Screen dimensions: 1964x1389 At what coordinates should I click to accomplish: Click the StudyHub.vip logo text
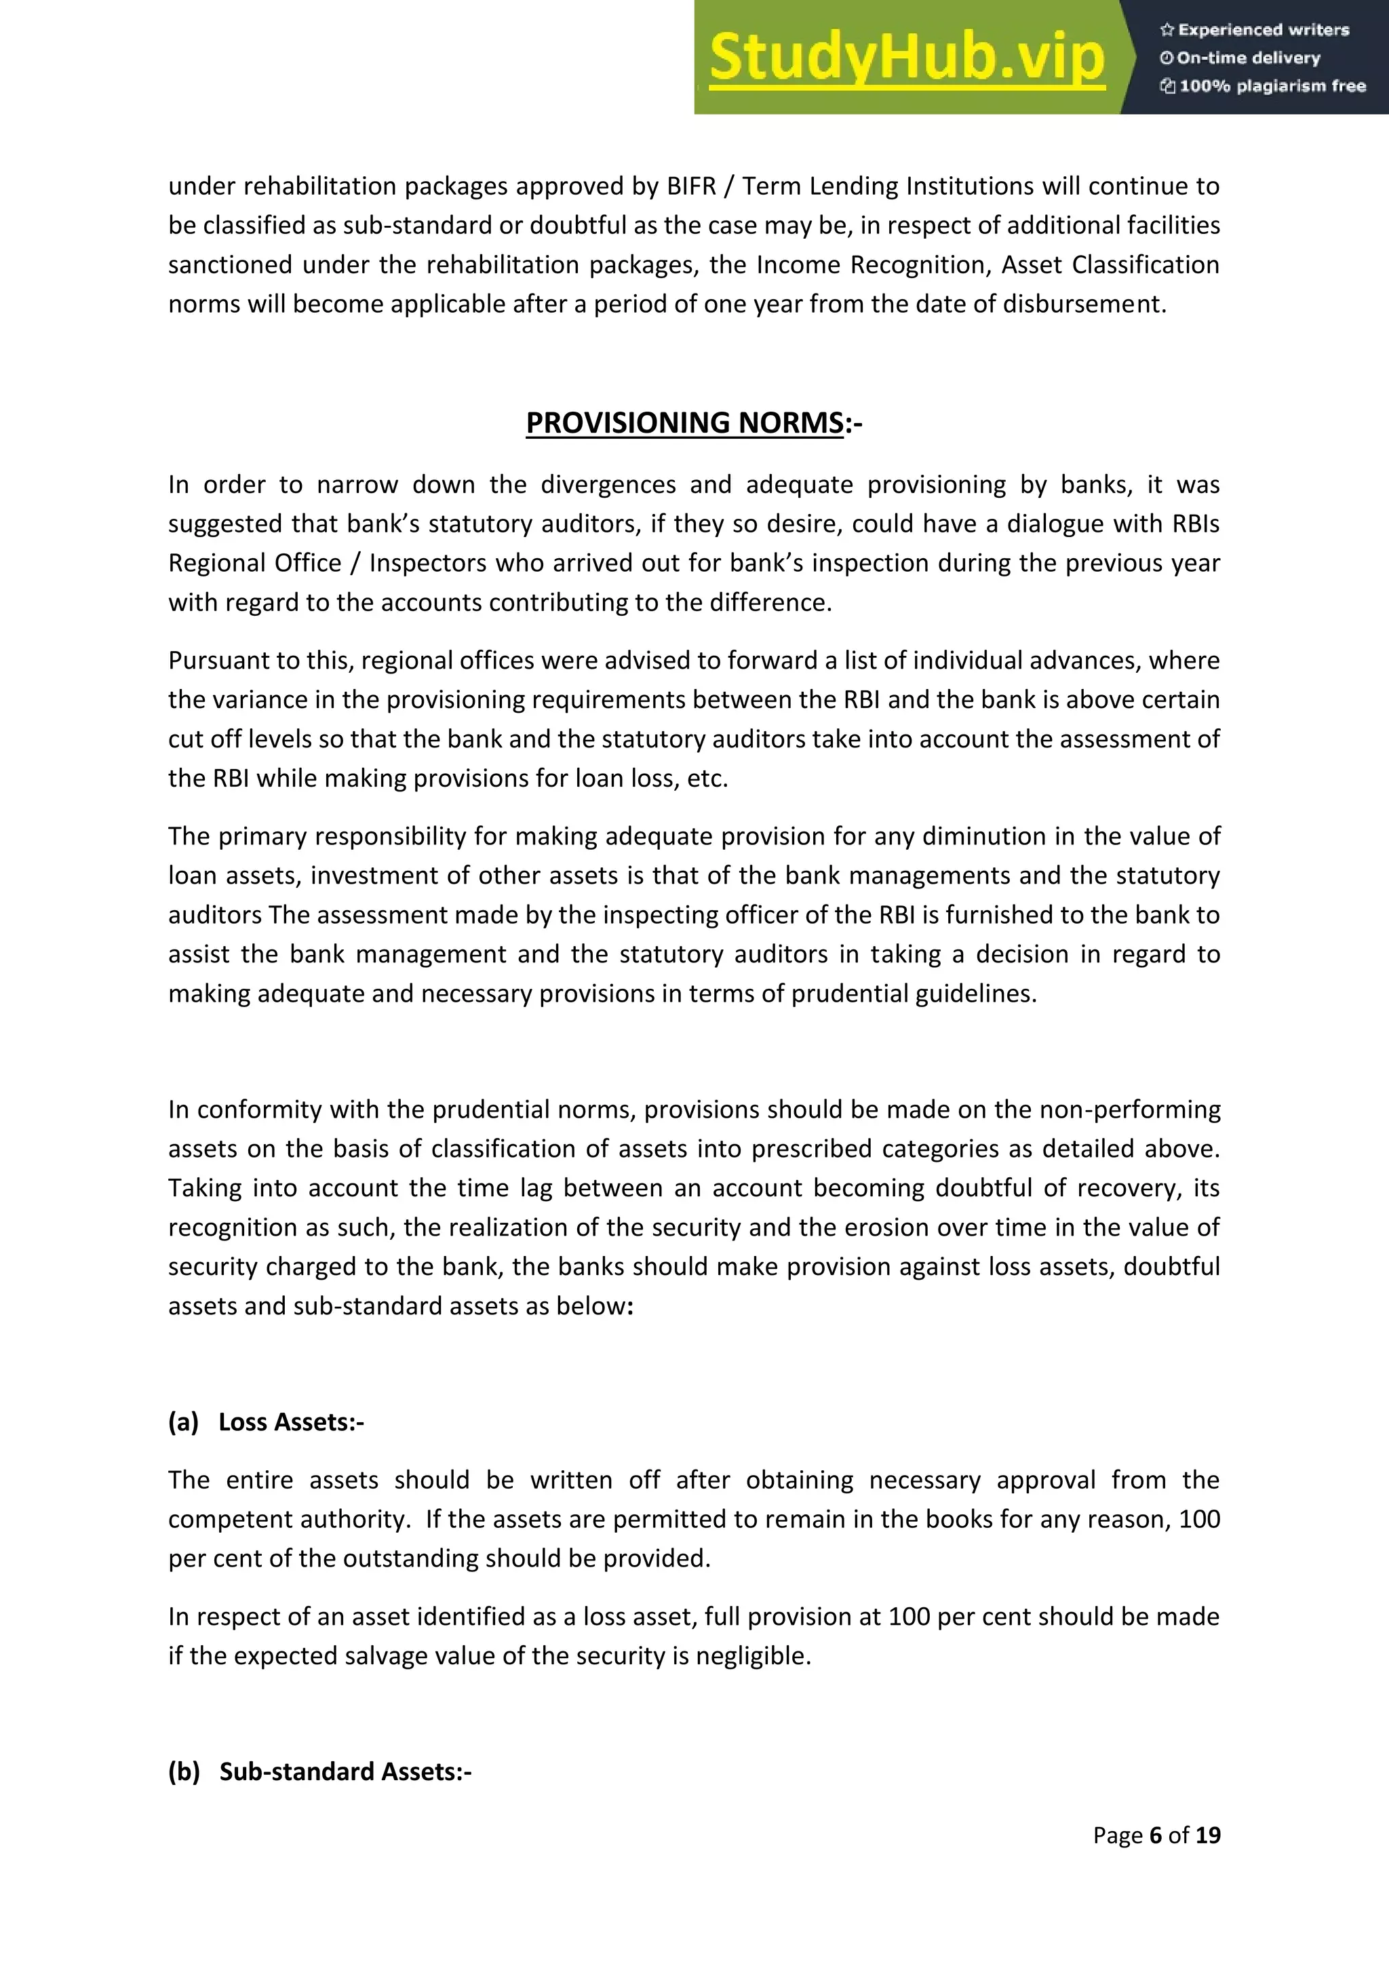point(907,58)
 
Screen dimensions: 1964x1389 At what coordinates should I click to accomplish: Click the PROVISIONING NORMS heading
point(684,423)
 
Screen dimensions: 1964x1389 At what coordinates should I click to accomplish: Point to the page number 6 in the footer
point(1156,1835)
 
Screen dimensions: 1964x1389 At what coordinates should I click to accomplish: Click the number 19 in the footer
point(1208,1835)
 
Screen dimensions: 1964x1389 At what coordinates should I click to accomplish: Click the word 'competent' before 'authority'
point(226,1519)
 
